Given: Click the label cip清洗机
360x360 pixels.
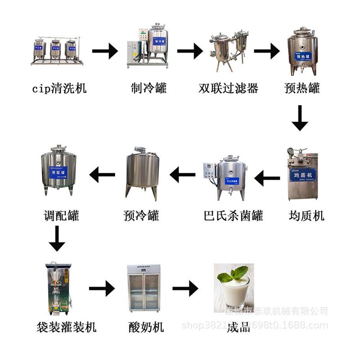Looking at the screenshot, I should (x=59, y=88).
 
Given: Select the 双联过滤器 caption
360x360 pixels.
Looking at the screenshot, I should (x=228, y=88).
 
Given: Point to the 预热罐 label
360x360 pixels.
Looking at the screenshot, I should (x=302, y=88).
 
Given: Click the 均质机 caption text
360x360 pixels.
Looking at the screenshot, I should (x=306, y=216).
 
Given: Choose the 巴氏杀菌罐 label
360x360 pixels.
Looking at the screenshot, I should (x=233, y=216).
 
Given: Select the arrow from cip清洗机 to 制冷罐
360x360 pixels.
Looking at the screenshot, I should (x=105, y=52).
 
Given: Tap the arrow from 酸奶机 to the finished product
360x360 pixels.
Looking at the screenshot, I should (x=185, y=288).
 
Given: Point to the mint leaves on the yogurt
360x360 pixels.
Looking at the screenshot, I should (x=233, y=274).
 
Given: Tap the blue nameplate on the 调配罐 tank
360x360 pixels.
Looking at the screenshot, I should (x=58, y=171).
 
